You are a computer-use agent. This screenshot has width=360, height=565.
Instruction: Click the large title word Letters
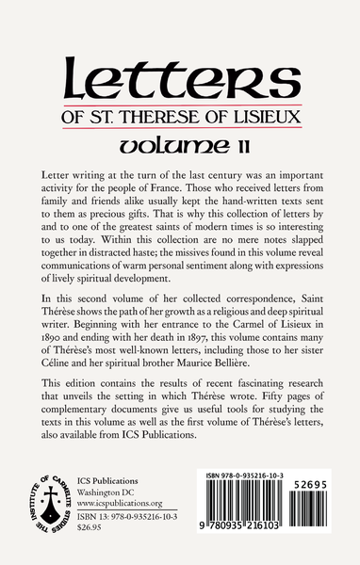[179, 67]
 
